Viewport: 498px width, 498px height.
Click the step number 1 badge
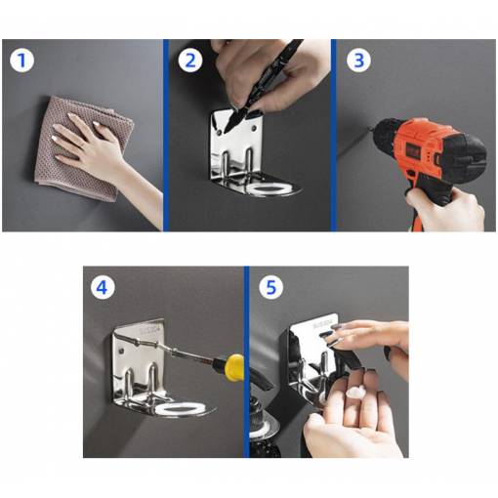pos(21,61)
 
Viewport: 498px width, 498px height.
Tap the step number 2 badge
pos(190,61)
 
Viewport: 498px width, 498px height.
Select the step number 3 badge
pos(358,61)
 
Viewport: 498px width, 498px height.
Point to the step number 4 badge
pos(103,287)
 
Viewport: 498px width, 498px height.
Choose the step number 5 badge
pos(271,287)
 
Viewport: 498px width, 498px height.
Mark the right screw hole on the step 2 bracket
pos(254,129)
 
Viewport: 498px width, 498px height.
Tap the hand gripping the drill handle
pos(446,208)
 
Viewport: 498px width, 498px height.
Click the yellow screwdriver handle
pos(234,367)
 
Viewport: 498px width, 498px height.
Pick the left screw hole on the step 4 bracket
pos(122,351)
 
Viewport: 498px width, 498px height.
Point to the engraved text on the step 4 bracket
pos(150,329)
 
